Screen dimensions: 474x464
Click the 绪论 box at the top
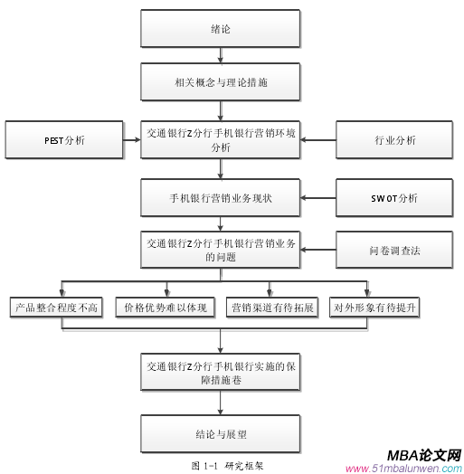pyautogui.click(x=220, y=29)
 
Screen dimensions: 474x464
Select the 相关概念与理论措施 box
pyautogui.click(x=220, y=82)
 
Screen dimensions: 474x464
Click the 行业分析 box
pyautogui.click(x=393, y=140)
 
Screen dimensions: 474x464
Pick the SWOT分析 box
pyautogui.click(x=393, y=196)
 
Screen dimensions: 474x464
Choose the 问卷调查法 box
pyautogui.click(x=393, y=251)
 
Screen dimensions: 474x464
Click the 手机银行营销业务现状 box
pyautogui.click(x=220, y=196)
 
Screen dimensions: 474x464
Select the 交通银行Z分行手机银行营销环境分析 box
pyautogui.click(x=220, y=140)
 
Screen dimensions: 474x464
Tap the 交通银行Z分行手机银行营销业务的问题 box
pyautogui.click(x=220, y=251)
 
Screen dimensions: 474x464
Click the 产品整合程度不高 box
pyautogui.click(x=56, y=308)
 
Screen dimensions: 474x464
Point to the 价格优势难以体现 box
pyautogui.click(x=165, y=308)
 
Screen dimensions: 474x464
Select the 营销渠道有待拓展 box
pyautogui.click(x=271, y=308)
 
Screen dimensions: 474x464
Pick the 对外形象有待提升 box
pyautogui.click(x=374, y=308)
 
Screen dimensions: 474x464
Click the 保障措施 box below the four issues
pyautogui.click(x=220, y=374)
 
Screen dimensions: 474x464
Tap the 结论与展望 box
pyautogui.click(x=220, y=432)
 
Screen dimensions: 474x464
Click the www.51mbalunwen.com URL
pyautogui.click(x=404, y=469)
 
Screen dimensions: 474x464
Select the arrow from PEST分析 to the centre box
pyautogui.click(x=129, y=140)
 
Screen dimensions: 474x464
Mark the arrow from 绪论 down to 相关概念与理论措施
pyautogui.click(x=220, y=56)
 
